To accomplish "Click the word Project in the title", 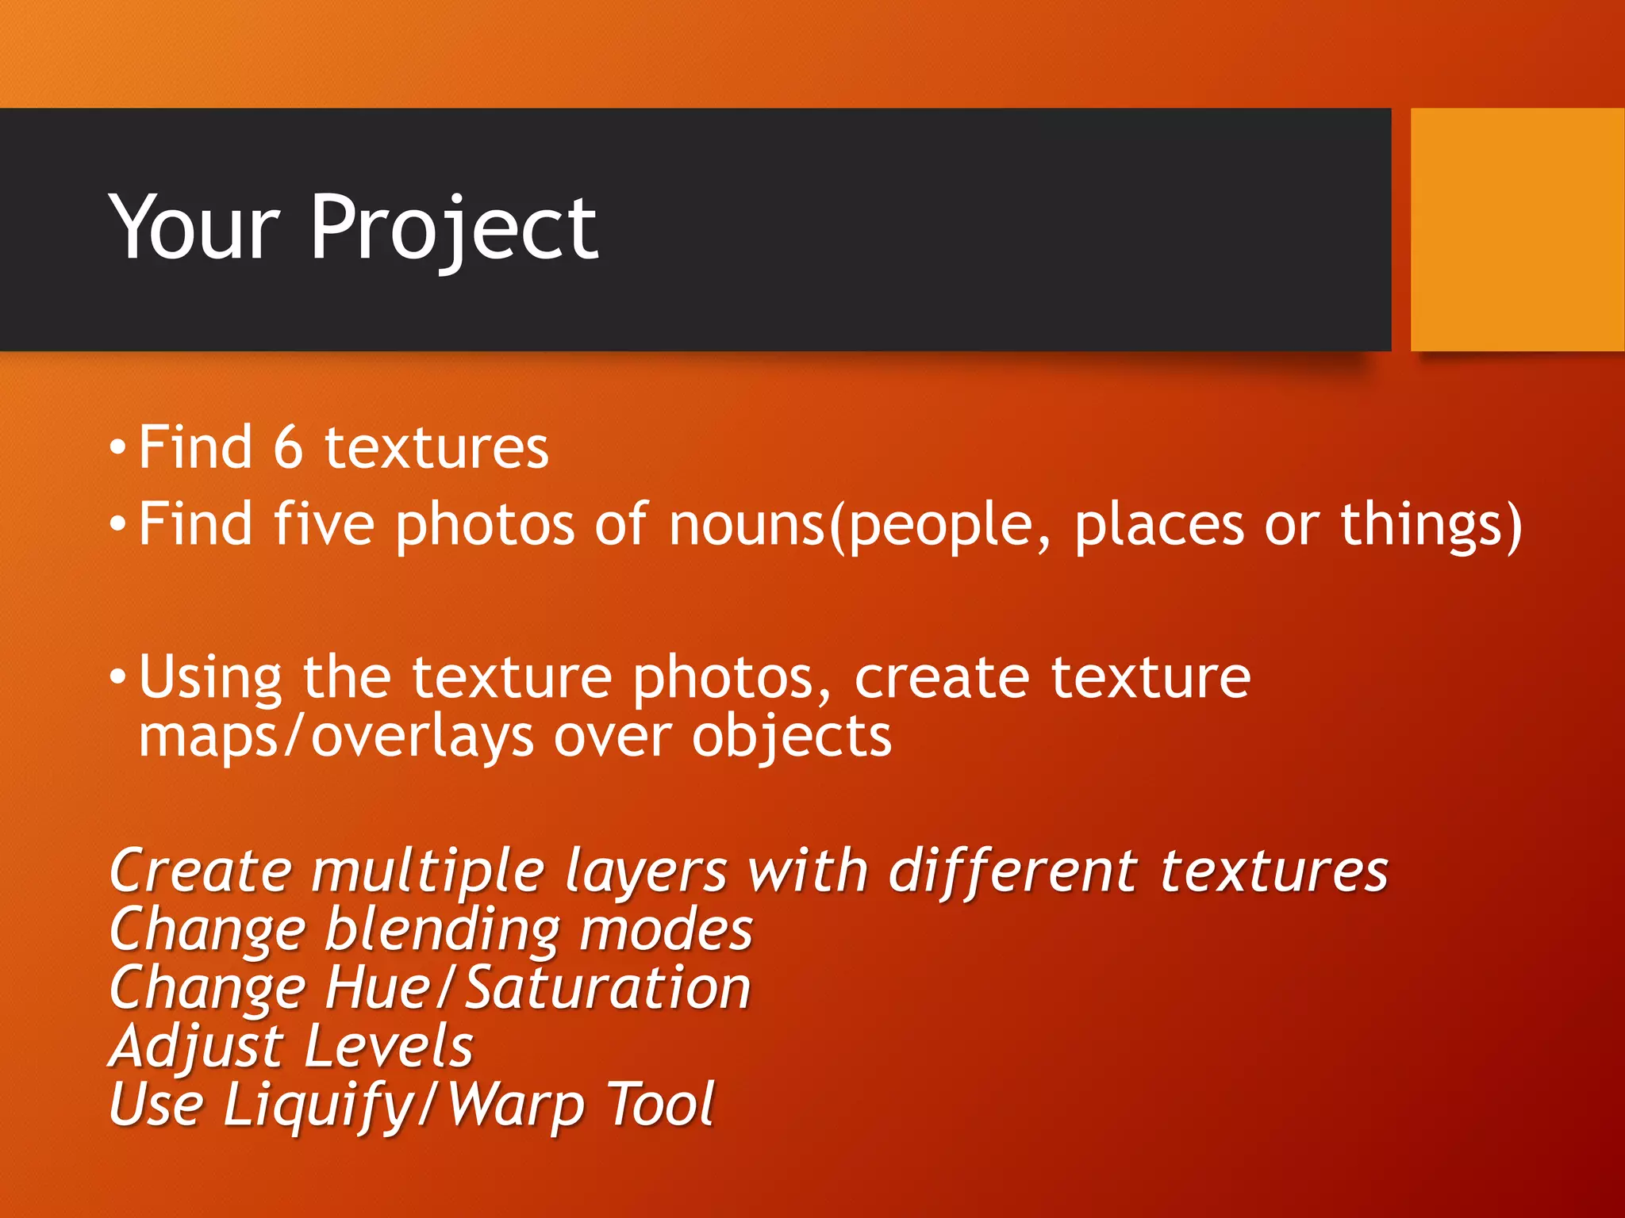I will pos(454,230).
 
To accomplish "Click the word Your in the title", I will pos(194,230).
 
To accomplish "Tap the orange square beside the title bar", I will pos(1517,230).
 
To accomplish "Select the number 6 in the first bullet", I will pos(288,448).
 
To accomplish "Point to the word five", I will pos(324,525).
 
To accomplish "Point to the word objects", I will pos(791,737).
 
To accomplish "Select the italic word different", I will pos(1013,871).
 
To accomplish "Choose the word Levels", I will pos(388,1047).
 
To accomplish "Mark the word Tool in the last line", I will pos(662,1105).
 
